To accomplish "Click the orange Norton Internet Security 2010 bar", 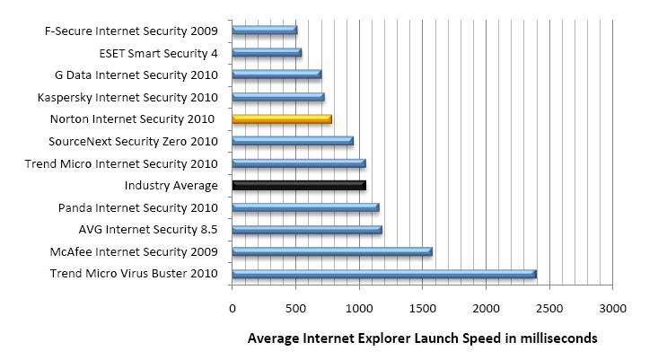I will pyautogui.click(x=282, y=119).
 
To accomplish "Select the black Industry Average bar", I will pyautogui.click(x=299, y=186).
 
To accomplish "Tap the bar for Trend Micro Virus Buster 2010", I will pyautogui.click(x=384, y=274).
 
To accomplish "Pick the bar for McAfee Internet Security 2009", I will pyautogui.click(x=332, y=251).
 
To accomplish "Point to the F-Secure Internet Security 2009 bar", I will pyautogui.click(x=265, y=30).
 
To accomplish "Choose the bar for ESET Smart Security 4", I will pyautogui.click(x=267, y=52).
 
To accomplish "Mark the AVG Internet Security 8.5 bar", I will pyautogui.click(x=307, y=230).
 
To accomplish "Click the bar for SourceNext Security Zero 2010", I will pyautogui.click(x=293, y=141).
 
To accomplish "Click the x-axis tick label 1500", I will pyautogui.click(x=423, y=309).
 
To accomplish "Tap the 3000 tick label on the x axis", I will pyautogui.click(x=612, y=309).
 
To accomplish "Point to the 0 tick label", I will pyautogui.click(x=233, y=309).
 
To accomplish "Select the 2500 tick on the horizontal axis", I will pyautogui.click(x=549, y=309).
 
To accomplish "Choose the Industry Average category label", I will pyautogui.click(x=171, y=186).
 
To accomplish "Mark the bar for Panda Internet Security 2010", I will pyautogui.click(x=305, y=207).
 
